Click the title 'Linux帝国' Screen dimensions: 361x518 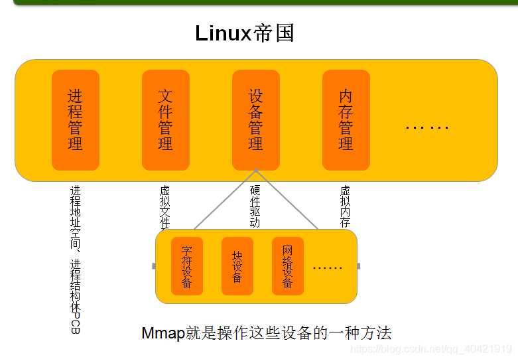(x=245, y=33)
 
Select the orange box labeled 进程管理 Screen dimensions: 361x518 (x=76, y=120)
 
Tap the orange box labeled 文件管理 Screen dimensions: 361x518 (x=166, y=120)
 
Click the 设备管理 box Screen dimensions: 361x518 (x=256, y=120)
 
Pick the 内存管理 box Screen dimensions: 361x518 (x=346, y=120)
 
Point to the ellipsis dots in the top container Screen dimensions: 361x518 (x=427, y=126)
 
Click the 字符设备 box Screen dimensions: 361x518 (x=187, y=266)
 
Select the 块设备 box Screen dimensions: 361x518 (x=237, y=266)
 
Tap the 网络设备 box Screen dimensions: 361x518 (x=288, y=266)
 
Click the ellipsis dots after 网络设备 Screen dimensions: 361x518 (x=327, y=267)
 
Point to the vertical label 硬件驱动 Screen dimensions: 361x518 (x=255, y=206)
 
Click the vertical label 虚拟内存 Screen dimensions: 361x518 (x=345, y=206)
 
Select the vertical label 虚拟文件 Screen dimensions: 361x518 (x=164, y=206)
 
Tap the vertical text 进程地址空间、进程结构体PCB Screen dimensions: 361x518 (x=75, y=259)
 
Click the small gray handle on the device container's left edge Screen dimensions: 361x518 (x=154, y=266)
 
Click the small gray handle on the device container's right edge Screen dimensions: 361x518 (x=359, y=266)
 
